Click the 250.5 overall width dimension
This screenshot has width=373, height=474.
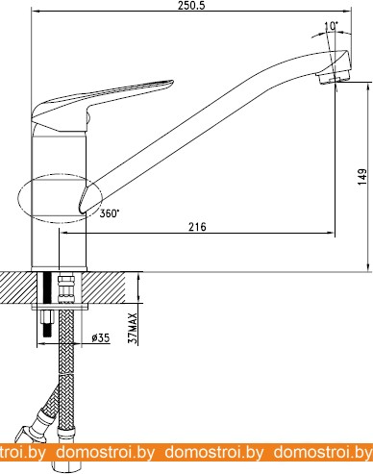(x=191, y=6)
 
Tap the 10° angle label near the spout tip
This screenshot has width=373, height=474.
(x=332, y=26)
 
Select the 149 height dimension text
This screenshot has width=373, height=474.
(x=362, y=177)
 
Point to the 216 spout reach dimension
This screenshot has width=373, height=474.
(x=197, y=227)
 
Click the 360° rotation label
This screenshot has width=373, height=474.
(x=110, y=213)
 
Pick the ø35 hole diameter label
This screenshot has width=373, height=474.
(x=101, y=337)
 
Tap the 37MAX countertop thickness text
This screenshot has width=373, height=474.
(x=133, y=328)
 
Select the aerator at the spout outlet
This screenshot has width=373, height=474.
(x=334, y=77)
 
